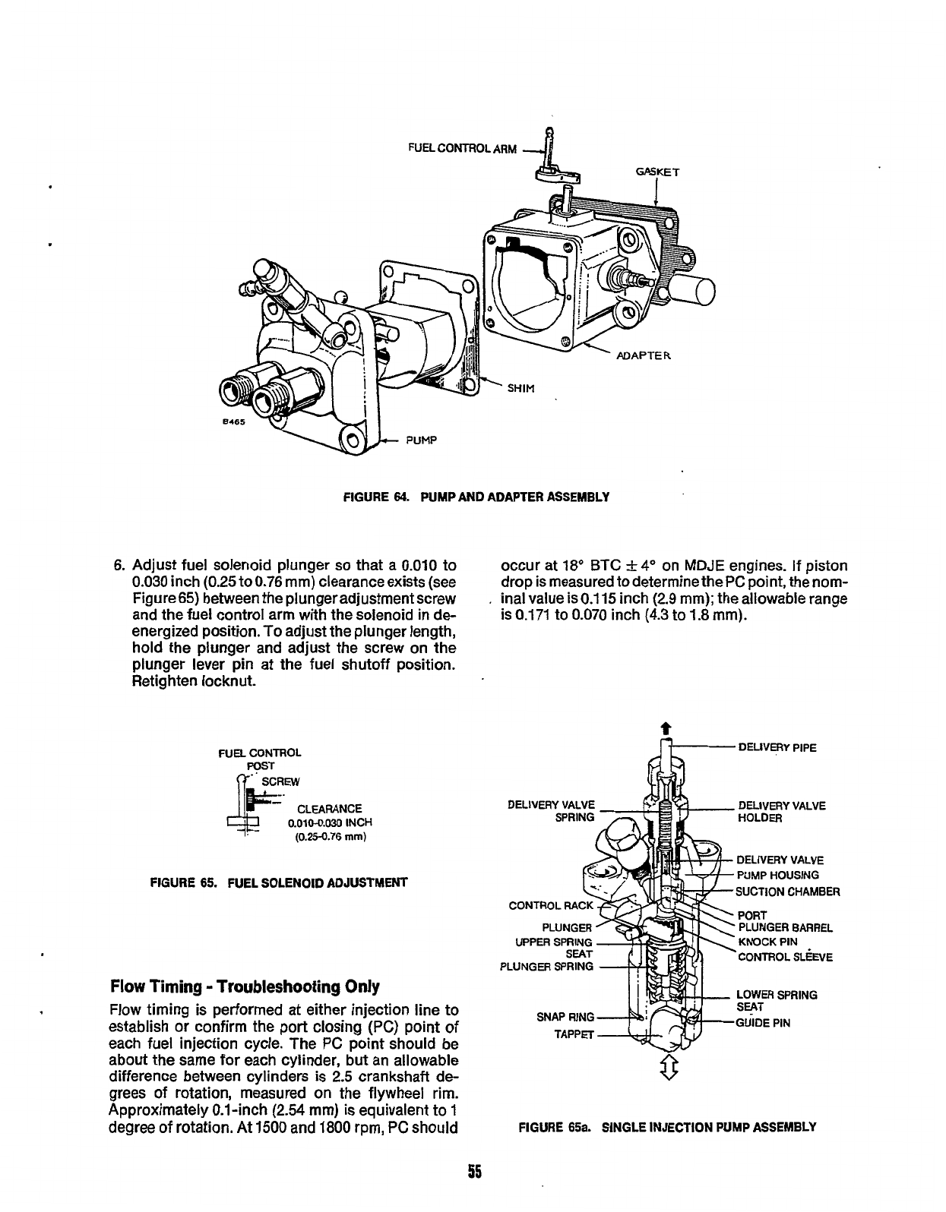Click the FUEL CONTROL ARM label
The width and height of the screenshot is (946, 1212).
462,148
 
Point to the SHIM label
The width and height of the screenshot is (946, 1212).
521,389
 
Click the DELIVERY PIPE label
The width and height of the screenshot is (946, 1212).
777,747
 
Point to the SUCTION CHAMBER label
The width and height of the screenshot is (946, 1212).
788,892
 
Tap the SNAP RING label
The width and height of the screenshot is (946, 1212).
565,1017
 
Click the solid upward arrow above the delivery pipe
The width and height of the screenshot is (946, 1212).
666,728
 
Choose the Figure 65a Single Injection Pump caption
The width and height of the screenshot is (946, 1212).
666,1127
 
